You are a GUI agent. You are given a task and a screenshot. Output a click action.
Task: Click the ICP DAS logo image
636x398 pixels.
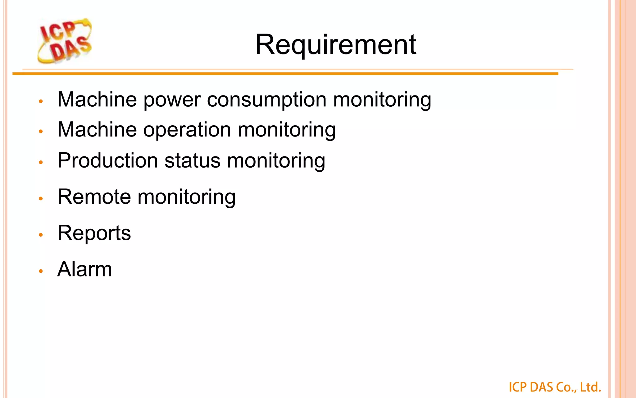(65, 41)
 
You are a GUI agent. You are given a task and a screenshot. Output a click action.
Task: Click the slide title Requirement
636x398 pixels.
(335, 45)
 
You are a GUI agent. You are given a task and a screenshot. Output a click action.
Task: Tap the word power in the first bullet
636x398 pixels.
(172, 100)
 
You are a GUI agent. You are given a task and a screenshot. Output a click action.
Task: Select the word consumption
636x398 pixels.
(266, 100)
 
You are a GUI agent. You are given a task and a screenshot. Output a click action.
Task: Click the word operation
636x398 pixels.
(187, 130)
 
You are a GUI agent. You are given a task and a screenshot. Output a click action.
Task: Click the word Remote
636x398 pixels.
(94, 197)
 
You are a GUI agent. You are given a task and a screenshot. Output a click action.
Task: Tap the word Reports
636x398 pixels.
(94, 233)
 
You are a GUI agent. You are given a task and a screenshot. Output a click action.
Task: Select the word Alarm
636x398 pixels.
(84, 269)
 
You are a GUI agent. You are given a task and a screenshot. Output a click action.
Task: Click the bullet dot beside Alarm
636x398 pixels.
(41, 271)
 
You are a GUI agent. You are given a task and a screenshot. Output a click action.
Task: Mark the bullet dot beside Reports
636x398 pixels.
(41, 235)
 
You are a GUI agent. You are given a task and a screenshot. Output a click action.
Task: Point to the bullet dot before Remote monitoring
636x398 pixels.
(41, 198)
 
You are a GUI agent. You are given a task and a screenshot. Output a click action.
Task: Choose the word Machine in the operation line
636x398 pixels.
(97, 130)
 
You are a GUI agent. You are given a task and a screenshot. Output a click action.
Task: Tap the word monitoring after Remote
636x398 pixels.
(186, 197)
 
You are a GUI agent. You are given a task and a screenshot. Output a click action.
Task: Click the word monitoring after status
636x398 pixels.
(276, 161)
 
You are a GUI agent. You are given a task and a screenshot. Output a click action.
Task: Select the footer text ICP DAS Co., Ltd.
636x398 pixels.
(555, 387)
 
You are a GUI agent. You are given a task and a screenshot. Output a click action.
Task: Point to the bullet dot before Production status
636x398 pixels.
(41, 162)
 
